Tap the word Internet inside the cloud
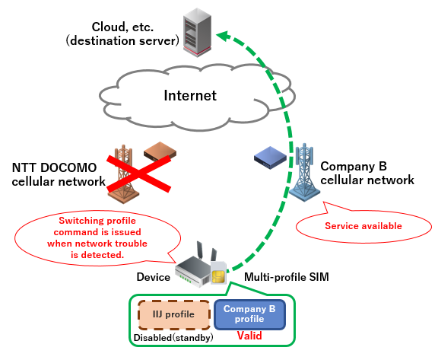point(191,96)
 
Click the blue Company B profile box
point(249,314)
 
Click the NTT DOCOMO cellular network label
point(59,174)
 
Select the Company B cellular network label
point(367,174)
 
